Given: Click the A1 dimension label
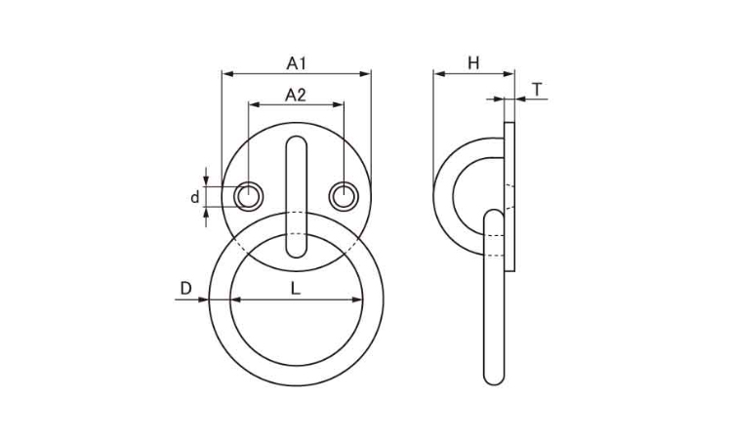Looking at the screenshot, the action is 296,63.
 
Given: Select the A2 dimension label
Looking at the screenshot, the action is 295,96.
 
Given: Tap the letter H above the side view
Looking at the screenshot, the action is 473,63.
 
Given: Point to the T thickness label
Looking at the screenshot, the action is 538,89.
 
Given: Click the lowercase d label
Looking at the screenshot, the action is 194,197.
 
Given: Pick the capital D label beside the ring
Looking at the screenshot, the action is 185,289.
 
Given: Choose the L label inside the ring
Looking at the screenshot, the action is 295,289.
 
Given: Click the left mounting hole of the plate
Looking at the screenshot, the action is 248,196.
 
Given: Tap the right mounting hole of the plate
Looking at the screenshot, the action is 344,196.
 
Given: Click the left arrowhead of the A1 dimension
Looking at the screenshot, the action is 227,74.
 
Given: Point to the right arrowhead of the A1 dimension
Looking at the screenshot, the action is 365,74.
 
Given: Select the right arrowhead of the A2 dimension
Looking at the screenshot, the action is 338,105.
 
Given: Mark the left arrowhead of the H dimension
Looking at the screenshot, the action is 439,74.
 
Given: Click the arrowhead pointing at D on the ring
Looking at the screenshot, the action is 203,299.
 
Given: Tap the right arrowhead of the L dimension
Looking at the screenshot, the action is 356,299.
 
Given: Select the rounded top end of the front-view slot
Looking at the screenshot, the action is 296,139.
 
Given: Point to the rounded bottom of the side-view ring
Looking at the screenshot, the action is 494,380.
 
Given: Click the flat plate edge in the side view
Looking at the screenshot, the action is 509,196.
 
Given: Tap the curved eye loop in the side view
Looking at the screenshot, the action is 443,196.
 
